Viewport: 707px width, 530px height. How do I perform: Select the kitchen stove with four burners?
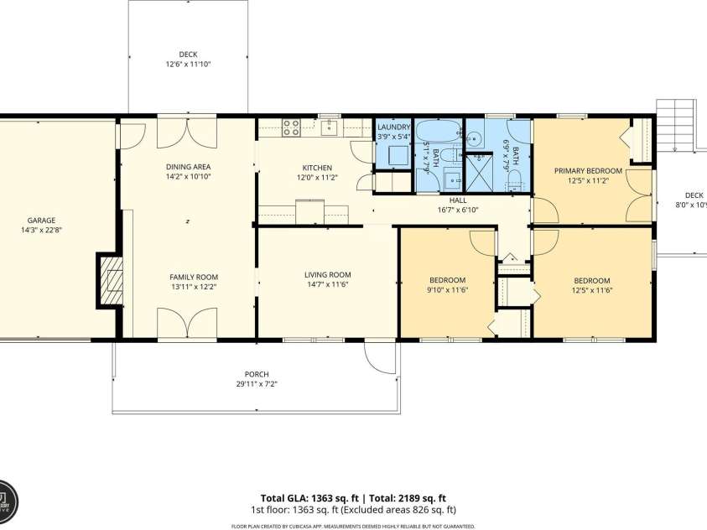(x=290, y=127)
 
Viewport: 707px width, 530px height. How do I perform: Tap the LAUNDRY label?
(x=393, y=127)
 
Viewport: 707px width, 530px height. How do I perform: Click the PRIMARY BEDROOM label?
(x=588, y=171)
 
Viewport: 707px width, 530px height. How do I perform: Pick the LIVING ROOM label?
(x=327, y=275)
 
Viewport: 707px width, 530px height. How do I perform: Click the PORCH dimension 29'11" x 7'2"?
(x=257, y=384)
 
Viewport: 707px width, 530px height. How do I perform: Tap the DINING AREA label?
(x=188, y=167)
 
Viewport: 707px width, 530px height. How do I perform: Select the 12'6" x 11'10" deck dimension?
(x=188, y=64)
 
